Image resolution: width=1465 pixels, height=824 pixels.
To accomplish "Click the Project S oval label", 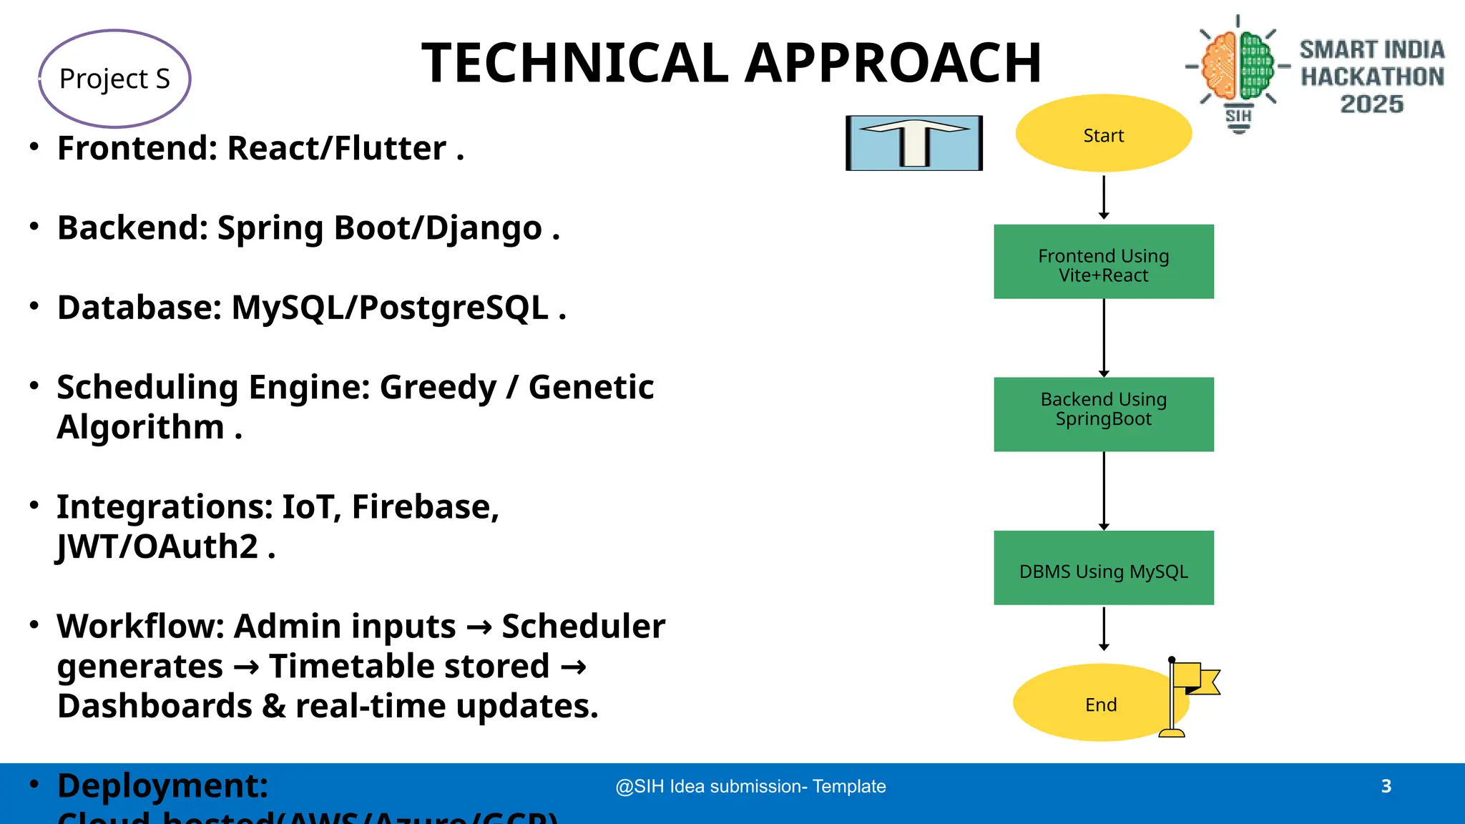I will pos(114,79).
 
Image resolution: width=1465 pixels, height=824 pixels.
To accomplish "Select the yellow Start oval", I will pos(1103,134).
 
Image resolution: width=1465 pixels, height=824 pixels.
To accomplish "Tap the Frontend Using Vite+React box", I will pos(1103,262).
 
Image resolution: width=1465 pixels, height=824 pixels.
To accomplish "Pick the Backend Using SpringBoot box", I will pos(1103,414).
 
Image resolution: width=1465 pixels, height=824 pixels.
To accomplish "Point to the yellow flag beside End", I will pos(1196,680).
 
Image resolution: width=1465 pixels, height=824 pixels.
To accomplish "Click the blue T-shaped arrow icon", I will pos(914,143).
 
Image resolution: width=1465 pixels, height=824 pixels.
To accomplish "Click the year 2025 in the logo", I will pos(1371,104).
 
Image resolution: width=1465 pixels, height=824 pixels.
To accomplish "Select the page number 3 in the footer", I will pos(1386,786).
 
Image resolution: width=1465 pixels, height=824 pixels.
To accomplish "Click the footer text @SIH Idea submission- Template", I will pos(750,786).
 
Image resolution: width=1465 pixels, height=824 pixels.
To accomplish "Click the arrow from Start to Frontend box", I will pos(1104,197).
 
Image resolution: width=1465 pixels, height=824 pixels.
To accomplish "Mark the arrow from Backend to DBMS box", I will pos(1104,491).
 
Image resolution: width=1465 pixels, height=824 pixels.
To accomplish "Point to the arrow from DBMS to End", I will pos(1104,629).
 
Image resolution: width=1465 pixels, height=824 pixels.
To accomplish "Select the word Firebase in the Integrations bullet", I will pos(421,507).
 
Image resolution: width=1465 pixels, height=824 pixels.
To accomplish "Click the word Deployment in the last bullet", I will pos(162,786).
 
